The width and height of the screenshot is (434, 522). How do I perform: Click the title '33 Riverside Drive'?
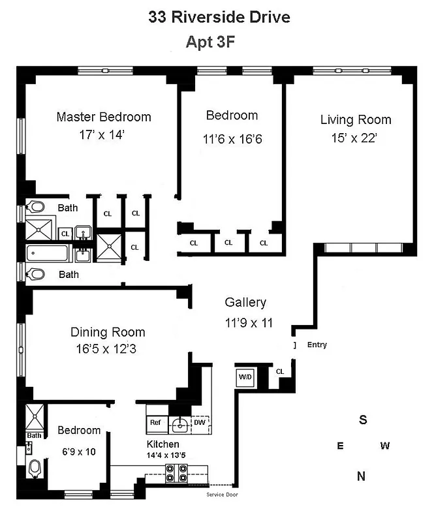(219, 18)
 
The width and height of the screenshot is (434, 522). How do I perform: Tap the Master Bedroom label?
(104, 117)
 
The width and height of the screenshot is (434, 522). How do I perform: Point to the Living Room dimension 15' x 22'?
(356, 138)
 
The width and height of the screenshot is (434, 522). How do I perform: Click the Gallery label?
(245, 303)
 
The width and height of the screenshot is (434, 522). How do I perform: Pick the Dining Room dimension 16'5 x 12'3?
(108, 349)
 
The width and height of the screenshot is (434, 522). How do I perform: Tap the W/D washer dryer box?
(245, 376)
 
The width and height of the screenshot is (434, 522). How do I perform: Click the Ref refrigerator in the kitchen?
(155, 423)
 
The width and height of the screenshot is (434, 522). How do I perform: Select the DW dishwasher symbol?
(200, 423)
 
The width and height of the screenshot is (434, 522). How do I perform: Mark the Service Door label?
(222, 495)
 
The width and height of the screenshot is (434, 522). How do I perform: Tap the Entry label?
(317, 345)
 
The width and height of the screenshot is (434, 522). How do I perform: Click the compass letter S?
(363, 420)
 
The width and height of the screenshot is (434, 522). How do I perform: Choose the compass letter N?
(361, 476)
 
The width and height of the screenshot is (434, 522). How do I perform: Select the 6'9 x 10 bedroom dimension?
(79, 451)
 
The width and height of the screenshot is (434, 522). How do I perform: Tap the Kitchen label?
(163, 444)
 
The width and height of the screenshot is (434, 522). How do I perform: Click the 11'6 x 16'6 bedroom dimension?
(232, 138)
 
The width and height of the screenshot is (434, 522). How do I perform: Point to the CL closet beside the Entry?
(280, 371)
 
